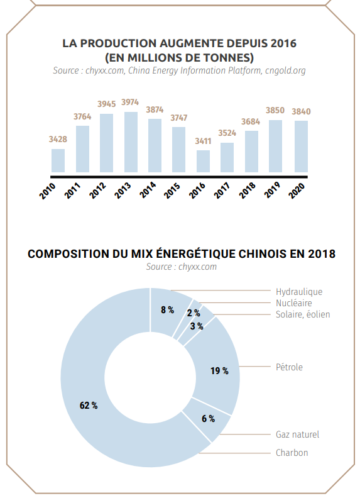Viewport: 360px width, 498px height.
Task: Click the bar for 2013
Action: coord(131,142)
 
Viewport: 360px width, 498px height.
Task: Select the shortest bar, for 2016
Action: coord(203,162)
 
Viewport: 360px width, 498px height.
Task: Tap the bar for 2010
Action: coord(58,161)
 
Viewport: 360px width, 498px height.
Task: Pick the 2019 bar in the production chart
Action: coord(275,146)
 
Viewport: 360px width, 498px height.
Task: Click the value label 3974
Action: coord(130,102)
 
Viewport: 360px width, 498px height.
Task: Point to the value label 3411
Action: coord(203,141)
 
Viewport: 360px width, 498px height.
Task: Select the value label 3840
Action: coord(302,111)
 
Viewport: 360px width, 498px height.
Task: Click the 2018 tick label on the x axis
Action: coord(248,191)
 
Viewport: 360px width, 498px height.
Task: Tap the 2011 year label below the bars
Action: coord(72,191)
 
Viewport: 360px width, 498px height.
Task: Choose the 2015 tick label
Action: coord(172,191)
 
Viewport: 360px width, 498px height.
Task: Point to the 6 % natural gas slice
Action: coord(208,419)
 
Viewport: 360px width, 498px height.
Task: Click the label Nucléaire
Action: coord(293,303)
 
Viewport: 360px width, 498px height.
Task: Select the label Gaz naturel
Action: coord(297,434)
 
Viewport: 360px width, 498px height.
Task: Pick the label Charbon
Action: coord(292,452)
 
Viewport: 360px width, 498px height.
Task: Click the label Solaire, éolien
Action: coord(303,314)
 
